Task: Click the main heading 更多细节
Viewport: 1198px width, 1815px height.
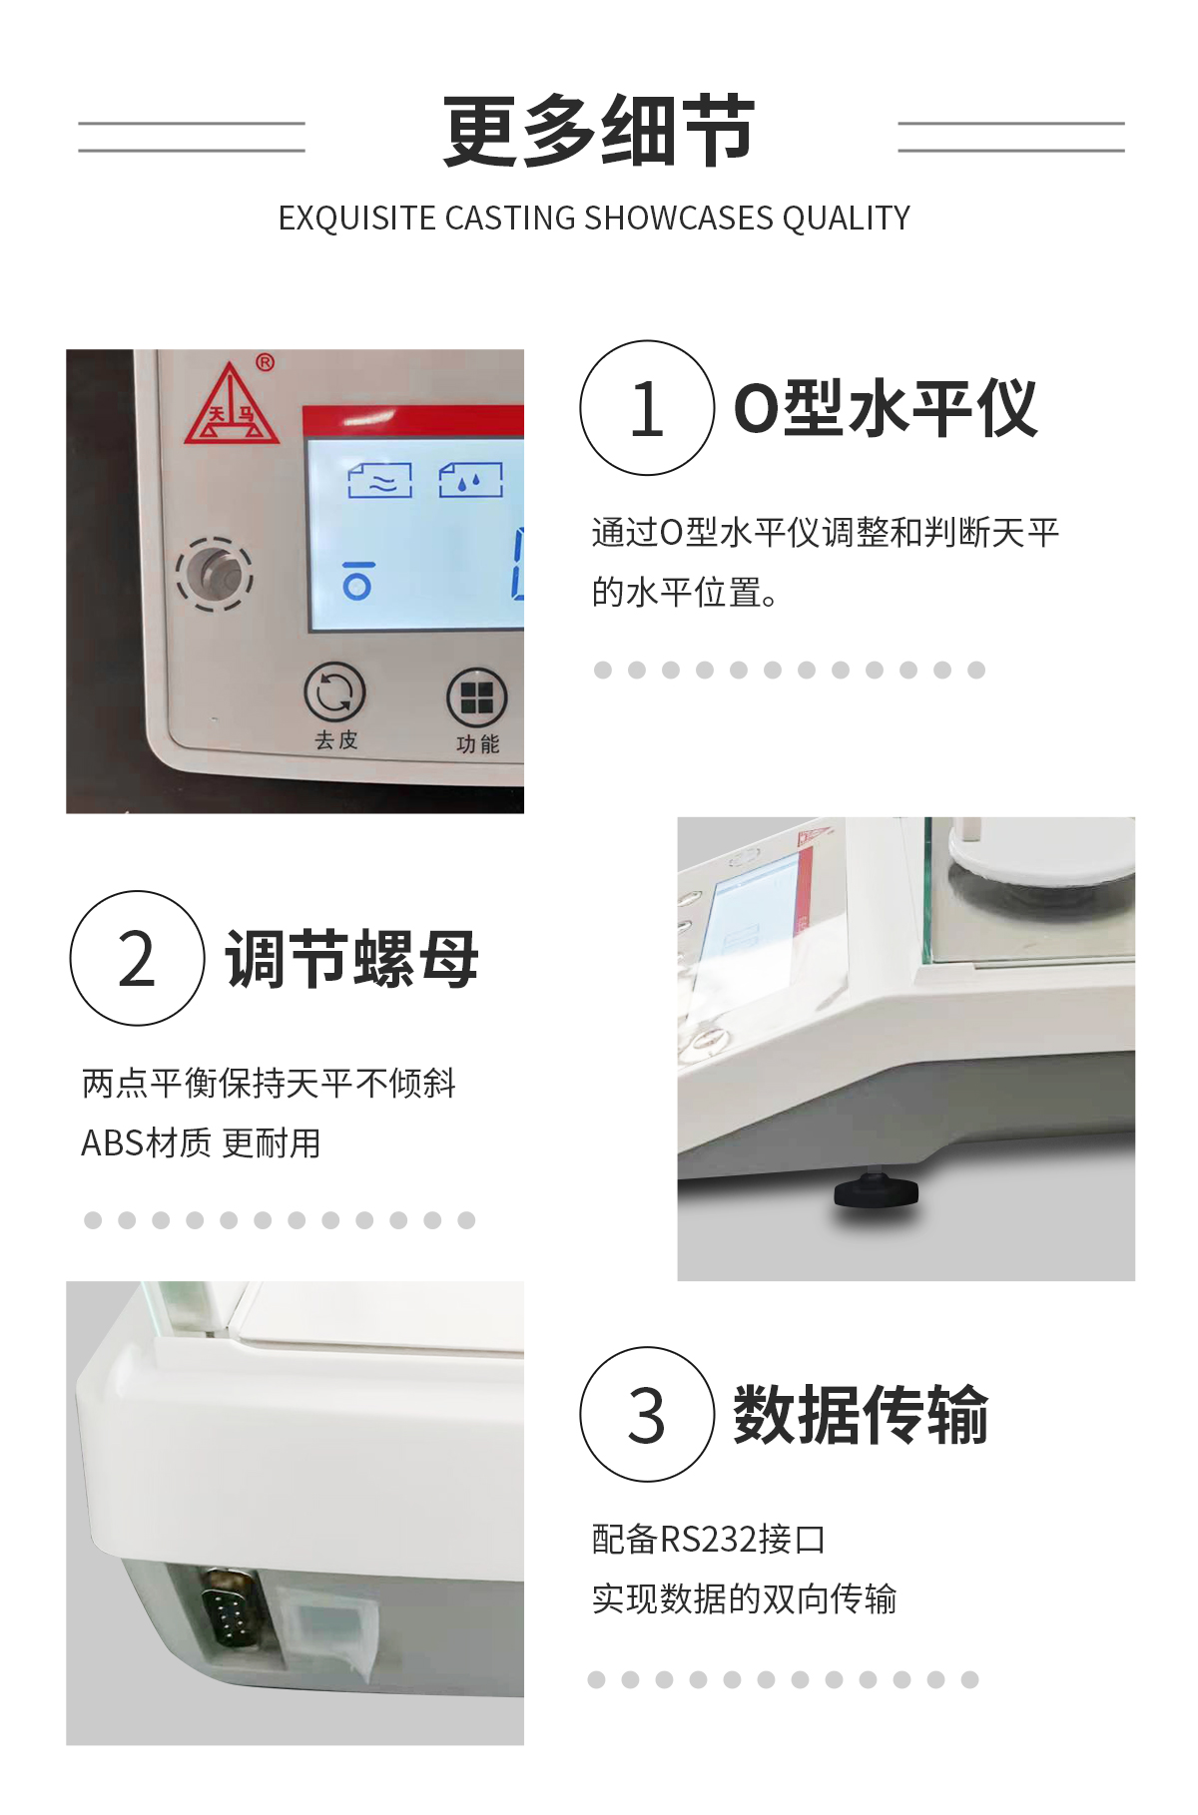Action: click(599, 131)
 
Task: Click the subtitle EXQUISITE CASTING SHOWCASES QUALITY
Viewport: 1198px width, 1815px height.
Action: click(594, 218)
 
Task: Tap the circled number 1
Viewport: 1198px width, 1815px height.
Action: click(647, 408)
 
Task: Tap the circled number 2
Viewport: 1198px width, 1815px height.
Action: click(138, 958)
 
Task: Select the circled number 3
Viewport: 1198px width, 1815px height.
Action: click(647, 1414)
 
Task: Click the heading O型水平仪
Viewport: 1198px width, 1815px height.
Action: click(886, 408)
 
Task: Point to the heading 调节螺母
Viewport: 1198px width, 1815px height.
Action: click(352, 959)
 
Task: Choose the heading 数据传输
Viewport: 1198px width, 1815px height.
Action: click(862, 1415)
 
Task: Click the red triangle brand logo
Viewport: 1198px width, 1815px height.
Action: click(231, 404)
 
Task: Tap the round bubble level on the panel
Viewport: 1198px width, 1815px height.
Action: click(215, 573)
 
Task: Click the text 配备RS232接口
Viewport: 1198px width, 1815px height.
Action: click(708, 1540)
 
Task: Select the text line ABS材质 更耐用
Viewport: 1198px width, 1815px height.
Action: click(201, 1143)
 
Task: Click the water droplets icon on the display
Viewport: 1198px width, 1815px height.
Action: click(471, 481)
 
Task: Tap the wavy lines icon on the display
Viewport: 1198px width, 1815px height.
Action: click(380, 481)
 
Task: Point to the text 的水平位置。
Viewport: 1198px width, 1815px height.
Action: click(685, 593)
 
